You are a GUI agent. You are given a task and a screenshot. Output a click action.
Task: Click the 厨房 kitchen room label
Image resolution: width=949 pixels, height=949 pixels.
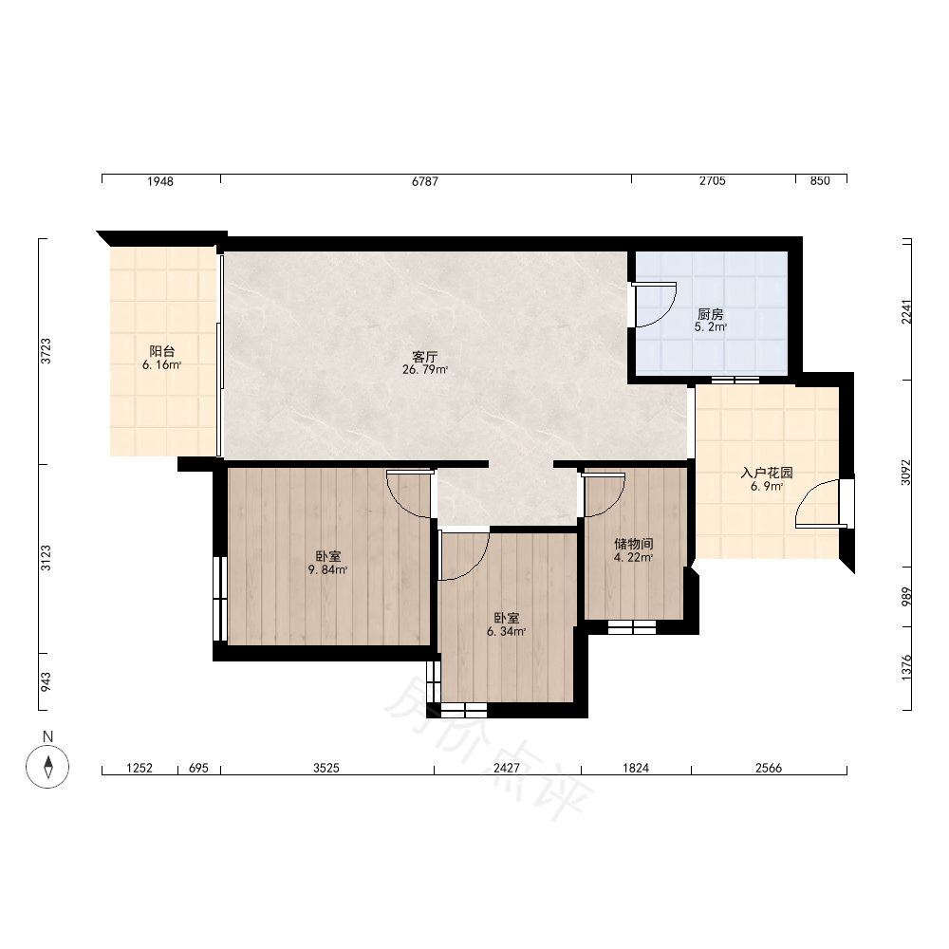tap(711, 314)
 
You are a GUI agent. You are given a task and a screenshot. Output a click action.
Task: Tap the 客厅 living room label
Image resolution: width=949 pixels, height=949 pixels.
tap(425, 357)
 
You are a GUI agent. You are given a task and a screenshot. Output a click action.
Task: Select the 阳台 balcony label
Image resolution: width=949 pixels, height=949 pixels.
tap(162, 351)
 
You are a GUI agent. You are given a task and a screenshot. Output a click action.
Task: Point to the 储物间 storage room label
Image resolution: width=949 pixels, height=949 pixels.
tap(634, 544)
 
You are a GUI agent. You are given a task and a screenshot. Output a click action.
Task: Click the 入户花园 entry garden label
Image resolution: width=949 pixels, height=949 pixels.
tap(767, 473)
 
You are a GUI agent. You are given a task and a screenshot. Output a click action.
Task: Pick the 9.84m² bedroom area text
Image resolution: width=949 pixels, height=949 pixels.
tap(327, 569)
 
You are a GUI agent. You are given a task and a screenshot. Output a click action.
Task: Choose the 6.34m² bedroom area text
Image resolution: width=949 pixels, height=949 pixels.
tap(506, 631)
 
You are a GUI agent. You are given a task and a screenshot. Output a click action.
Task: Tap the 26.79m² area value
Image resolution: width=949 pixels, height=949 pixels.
tap(425, 369)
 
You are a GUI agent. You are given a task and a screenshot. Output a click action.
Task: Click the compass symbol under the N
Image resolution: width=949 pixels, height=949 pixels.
tap(47, 766)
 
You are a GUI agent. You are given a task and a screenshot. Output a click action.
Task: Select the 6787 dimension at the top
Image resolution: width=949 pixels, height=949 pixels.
tap(425, 181)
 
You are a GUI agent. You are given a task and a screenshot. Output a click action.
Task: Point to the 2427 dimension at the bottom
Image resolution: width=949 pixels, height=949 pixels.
tap(507, 768)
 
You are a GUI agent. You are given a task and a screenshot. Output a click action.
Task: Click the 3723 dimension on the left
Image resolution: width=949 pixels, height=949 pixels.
tap(46, 351)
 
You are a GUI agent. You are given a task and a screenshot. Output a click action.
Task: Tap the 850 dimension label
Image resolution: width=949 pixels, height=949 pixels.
tap(820, 181)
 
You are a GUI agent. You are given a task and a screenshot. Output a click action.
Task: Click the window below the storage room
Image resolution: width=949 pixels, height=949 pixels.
tap(632, 627)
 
